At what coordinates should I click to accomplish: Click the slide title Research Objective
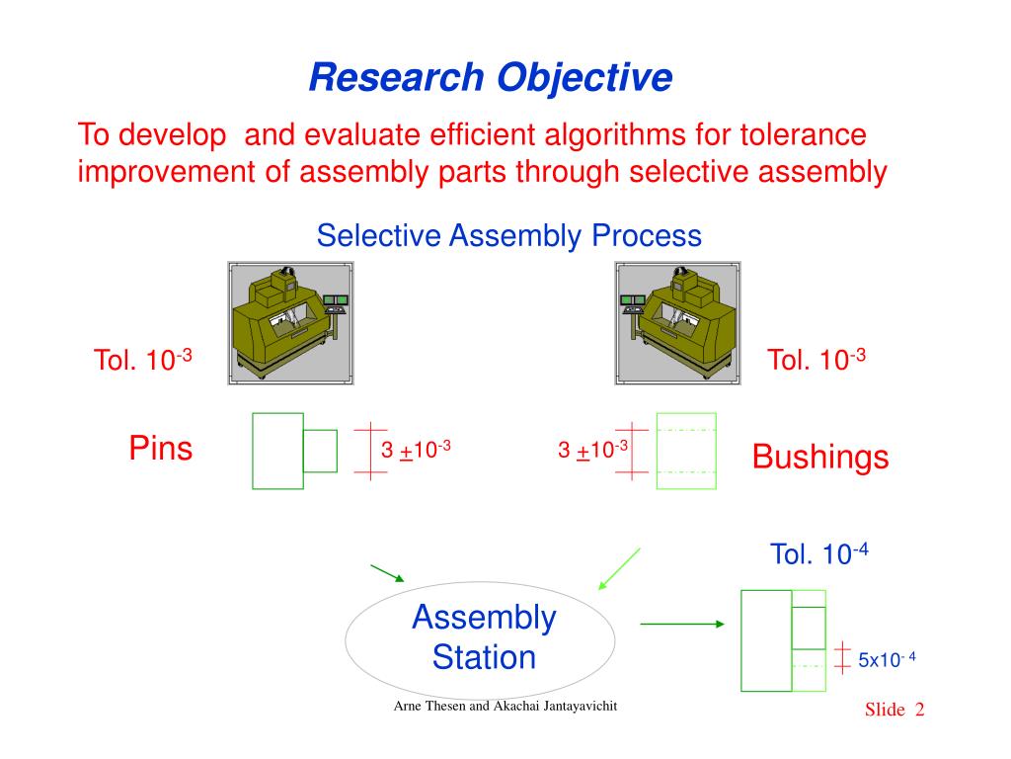[491, 77]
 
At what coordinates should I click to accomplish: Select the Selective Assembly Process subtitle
[508, 236]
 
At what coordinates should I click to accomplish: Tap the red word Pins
[161, 449]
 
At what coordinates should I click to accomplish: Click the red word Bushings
[819, 457]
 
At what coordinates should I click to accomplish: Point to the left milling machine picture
[290, 322]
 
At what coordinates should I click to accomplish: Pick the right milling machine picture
[677, 322]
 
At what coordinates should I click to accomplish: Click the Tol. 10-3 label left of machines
[142, 360]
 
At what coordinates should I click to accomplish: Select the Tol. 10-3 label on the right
[817, 360]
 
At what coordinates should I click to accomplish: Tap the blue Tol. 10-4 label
[818, 553]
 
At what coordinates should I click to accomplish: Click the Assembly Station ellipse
[481, 637]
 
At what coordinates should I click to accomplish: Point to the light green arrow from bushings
[619, 569]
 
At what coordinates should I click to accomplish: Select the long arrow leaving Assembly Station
[682, 624]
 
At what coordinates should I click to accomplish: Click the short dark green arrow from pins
[387, 572]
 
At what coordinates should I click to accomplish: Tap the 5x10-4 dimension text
[887, 659]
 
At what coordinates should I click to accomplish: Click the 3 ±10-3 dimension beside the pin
[416, 450]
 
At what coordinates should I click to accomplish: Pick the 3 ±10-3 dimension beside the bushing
[592, 450]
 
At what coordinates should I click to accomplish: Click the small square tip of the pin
[320, 451]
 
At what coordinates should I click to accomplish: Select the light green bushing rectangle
[686, 451]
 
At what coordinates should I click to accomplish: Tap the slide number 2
[919, 711]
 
